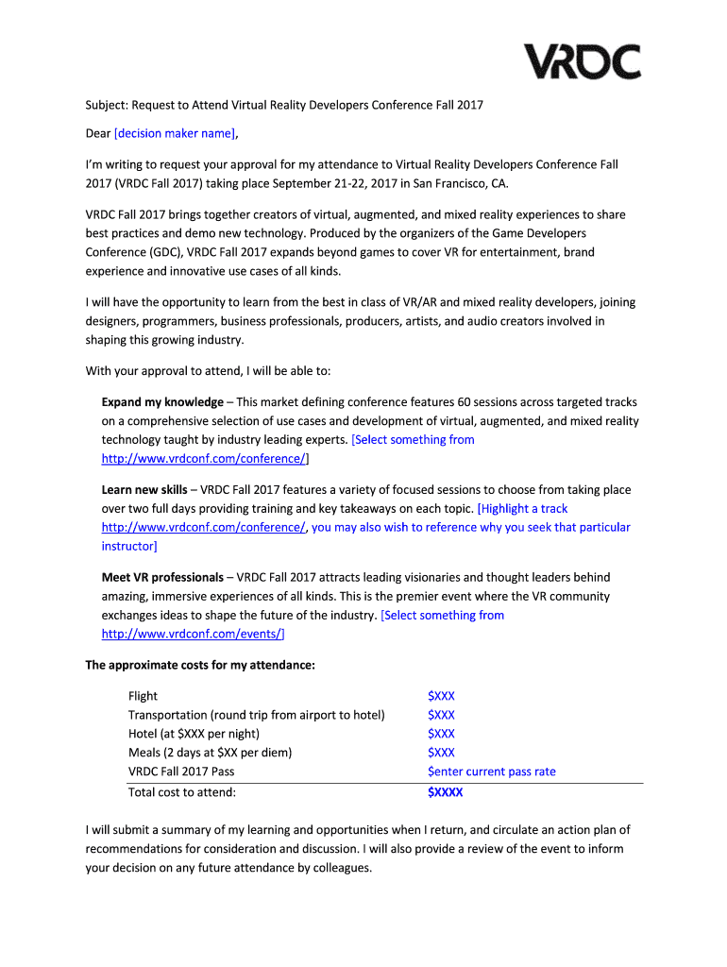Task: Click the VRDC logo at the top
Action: coord(583,61)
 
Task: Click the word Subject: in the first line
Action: coord(109,105)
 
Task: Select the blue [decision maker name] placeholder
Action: coord(174,133)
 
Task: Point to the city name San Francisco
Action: coord(441,183)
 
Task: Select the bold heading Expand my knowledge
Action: coord(162,401)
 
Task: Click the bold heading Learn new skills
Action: coord(144,489)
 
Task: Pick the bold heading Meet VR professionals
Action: coord(162,577)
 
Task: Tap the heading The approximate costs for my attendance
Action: coord(200,665)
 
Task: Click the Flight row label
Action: coord(143,696)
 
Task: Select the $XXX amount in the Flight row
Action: coord(441,696)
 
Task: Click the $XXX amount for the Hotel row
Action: coord(441,734)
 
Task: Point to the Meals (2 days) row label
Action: coord(210,753)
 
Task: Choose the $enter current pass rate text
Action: coord(492,772)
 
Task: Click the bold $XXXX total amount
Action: coord(445,792)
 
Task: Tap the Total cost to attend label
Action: coord(182,792)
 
